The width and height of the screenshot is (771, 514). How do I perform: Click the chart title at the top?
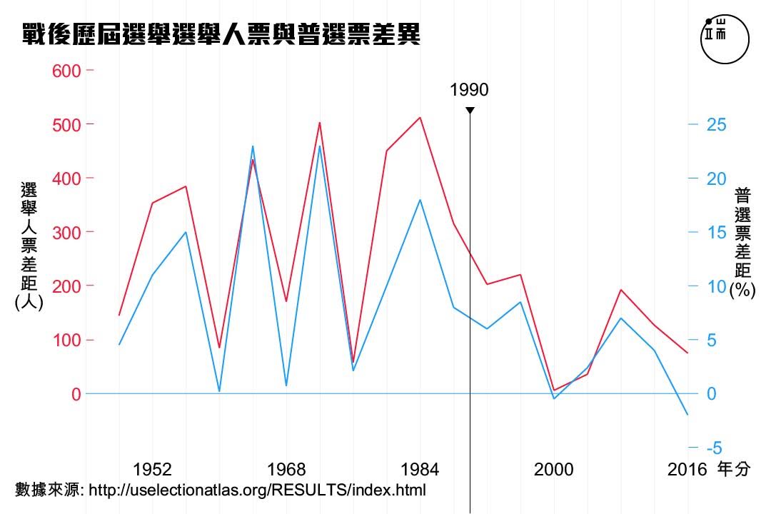tap(221, 34)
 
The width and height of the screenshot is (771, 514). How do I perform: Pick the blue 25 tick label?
tap(717, 125)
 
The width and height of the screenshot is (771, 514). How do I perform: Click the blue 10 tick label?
tap(717, 286)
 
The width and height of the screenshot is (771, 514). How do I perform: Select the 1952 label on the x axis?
tap(152, 469)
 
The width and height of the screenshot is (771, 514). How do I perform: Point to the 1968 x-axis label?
tap(286, 469)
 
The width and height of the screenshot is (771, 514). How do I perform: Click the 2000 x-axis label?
tap(554, 469)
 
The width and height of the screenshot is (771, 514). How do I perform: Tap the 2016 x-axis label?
tap(687, 469)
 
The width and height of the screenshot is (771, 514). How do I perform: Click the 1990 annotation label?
tap(470, 90)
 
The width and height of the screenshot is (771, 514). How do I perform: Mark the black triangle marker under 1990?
tap(470, 110)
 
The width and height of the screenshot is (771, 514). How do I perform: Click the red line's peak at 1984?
tap(420, 117)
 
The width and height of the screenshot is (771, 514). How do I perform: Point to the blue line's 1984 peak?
tap(420, 200)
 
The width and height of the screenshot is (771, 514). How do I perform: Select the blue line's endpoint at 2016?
tap(687, 415)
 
